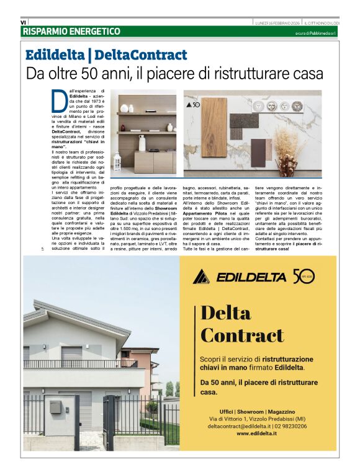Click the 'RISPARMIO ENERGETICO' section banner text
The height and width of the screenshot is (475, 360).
71,31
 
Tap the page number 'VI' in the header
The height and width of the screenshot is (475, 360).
24,22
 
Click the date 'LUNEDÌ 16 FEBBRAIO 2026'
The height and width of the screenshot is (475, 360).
277,23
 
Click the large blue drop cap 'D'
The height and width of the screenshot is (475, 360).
58,100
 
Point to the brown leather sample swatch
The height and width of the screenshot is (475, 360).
258,153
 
